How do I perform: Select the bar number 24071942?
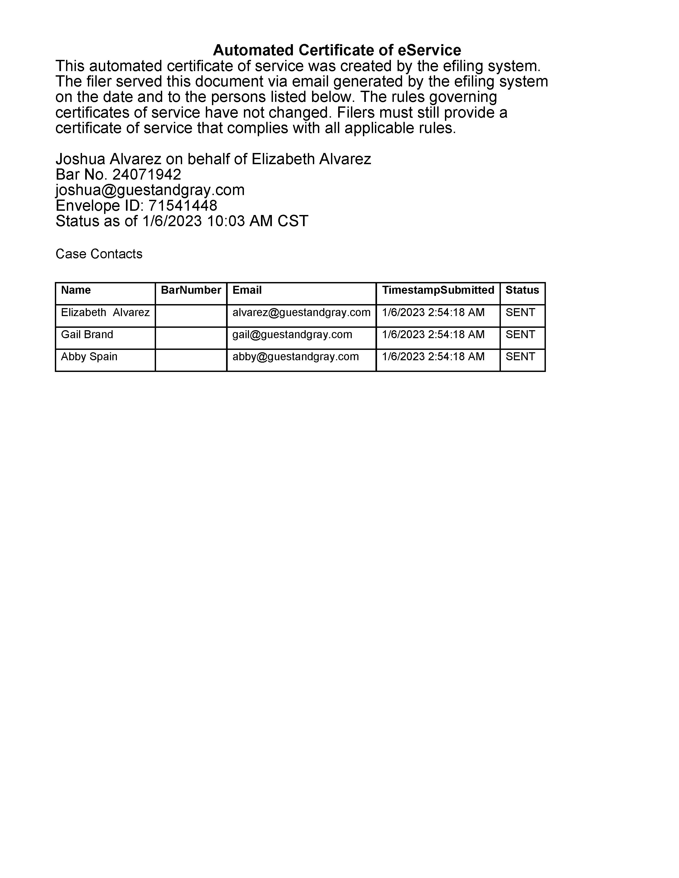click(x=146, y=175)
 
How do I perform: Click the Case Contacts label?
click(x=99, y=254)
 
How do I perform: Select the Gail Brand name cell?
click(x=87, y=334)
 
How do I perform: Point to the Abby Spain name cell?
click(x=89, y=357)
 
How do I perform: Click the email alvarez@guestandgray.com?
click(x=301, y=312)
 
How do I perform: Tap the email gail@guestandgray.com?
click(x=292, y=334)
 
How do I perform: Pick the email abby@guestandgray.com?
click(x=295, y=357)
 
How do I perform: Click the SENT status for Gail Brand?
click(x=520, y=334)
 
